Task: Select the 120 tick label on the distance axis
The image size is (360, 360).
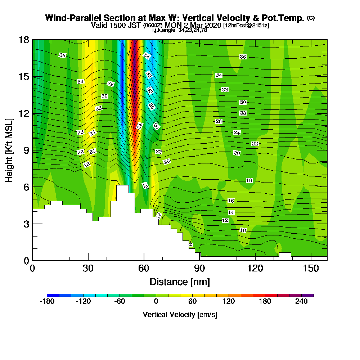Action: pos(255,269)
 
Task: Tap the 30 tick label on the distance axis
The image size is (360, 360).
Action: pos(88,269)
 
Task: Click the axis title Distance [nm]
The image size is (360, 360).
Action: pos(180,282)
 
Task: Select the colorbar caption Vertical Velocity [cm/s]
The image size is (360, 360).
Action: pos(180,315)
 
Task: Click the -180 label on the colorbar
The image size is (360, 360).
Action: pos(47,302)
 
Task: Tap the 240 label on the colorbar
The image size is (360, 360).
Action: pos(301,302)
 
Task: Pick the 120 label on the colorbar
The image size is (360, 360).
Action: pos(229,302)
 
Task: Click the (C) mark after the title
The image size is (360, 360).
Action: pos(311,18)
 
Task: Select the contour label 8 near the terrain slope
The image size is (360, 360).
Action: pos(190,245)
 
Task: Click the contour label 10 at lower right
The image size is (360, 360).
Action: pos(243,230)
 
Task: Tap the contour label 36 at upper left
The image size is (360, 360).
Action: pos(63,55)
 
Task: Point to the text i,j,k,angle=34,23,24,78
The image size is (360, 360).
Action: pos(180,30)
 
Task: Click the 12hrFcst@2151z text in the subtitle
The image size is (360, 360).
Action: pos(246,26)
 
